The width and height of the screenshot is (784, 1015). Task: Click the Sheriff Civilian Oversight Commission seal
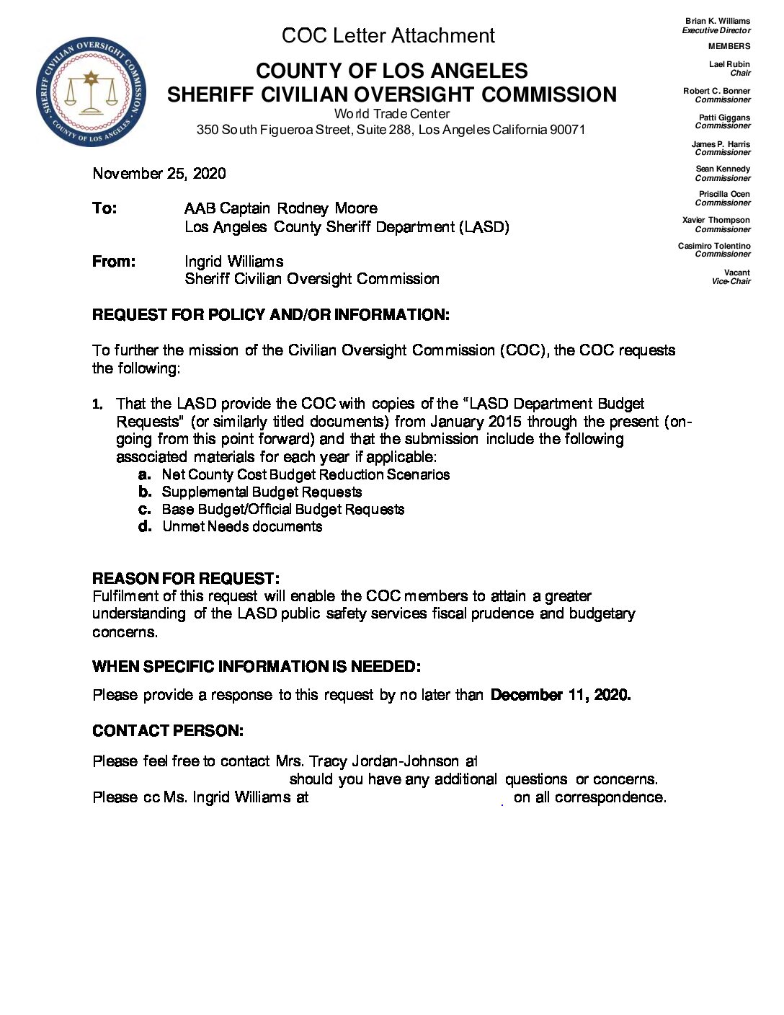pyautogui.click(x=91, y=92)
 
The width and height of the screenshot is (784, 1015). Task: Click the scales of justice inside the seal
pyautogui.click(x=91, y=94)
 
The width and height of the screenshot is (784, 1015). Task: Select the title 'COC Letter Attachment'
pyautogui.click(x=388, y=35)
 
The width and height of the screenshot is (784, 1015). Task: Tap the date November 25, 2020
pyautogui.click(x=159, y=173)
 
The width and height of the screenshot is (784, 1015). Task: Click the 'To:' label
pyautogui.click(x=104, y=208)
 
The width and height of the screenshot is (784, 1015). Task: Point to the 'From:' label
pyautogui.click(x=114, y=261)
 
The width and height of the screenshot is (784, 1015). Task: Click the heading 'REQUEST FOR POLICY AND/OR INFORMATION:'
pyautogui.click(x=271, y=314)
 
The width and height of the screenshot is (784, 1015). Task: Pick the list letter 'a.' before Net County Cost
pyautogui.click(x=145, y=474)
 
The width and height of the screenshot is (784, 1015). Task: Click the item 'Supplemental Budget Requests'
pyautogui.click(x=262, y=492)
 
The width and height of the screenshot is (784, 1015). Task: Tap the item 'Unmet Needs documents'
pyautogui.click(x=242, y=526)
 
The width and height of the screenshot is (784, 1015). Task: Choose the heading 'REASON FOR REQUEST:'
pyautogui.click(x=186, y=578)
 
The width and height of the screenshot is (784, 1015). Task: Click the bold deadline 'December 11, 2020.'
pyautogui.click(x=561, y=694)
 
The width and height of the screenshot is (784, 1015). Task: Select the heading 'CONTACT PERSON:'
pyautogui.click(x=168, y=730)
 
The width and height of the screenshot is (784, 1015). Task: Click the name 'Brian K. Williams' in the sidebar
pyautogui.click(x=718, y=21)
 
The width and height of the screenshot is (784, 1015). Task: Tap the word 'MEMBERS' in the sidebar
pyautogui.click(x=729, y=46)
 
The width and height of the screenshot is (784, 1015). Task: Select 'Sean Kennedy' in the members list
pyautogui.click(x=723, y=169)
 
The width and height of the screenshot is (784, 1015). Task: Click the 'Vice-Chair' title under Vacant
pyautogui.click(x=731, y=281)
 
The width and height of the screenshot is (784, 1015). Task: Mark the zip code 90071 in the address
pyautogui.click(x=568, y=130)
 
